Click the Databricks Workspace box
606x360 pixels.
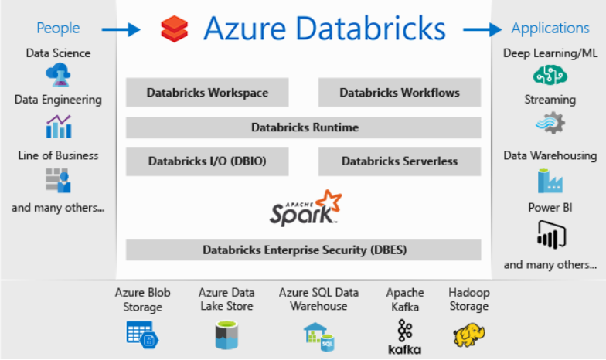click(207, 93)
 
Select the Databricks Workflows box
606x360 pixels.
click(399, 93)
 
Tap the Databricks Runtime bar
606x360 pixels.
click(303, 127)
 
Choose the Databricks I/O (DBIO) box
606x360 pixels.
click(207, 161)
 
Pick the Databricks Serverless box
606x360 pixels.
click(399, 161)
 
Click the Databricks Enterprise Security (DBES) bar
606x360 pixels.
click(303, 250)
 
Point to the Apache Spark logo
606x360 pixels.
click(305, 209)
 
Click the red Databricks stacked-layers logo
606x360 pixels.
click(175, 29)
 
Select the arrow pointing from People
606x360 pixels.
click(121, 29)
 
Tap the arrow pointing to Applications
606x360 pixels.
click(482, 29)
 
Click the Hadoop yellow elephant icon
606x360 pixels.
click(468, 335)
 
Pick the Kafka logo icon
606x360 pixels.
click(405, 337)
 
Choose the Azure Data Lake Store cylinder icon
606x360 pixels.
click(226, 335)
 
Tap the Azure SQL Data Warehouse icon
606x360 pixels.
click(318, 337)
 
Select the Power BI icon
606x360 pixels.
click(551, 235)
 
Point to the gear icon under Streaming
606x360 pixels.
click(550, 124)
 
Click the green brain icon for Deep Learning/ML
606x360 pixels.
click(550, 75)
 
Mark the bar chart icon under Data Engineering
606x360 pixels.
click(59, 127)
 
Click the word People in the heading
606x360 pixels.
click(58, 28)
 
